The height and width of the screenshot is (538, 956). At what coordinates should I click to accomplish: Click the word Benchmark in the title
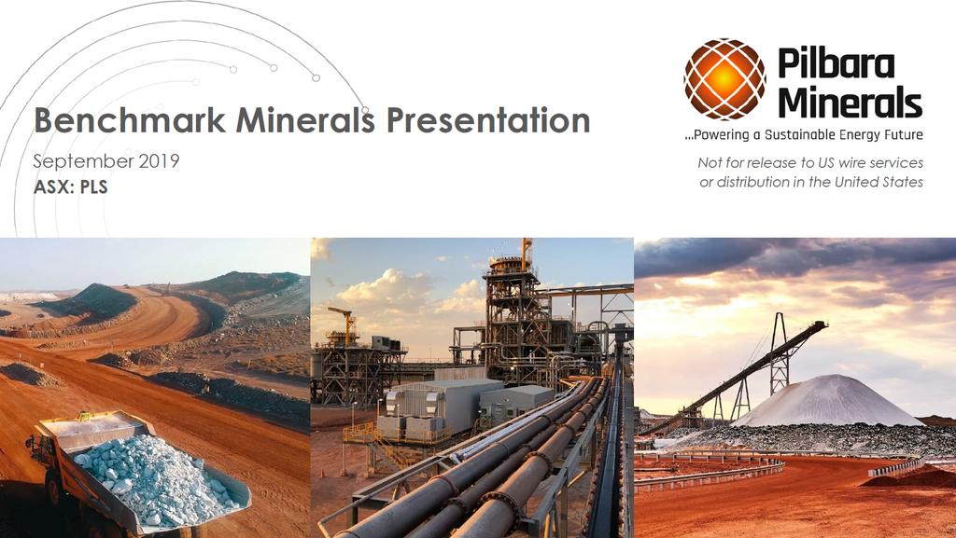(130, 120)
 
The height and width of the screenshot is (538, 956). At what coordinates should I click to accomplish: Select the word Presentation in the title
(488, 120)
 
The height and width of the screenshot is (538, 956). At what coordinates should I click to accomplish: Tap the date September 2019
(106, 161)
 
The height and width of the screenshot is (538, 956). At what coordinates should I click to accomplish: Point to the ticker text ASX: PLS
(71, 186)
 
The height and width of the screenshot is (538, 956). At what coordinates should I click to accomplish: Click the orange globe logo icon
(724, 78)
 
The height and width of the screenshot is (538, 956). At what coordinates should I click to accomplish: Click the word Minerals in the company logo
(850, 102)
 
